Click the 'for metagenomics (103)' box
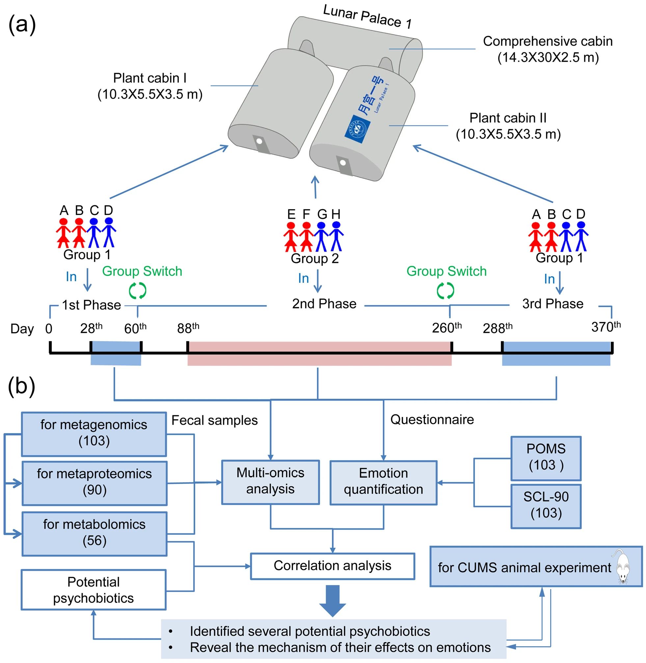94,434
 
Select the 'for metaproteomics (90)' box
94,483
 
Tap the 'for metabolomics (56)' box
94,533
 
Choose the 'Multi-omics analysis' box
270,482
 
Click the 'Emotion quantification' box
383,482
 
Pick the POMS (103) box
546,458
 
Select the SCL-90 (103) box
546,506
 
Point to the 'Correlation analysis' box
333,566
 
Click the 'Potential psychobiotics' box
94,590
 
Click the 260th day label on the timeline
446,328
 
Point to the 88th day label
188,328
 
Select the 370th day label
606,327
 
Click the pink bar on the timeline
319,354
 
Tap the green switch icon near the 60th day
137,291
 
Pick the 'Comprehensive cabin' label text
548,41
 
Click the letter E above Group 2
291,214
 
